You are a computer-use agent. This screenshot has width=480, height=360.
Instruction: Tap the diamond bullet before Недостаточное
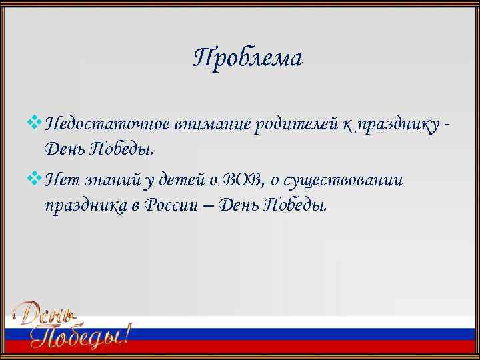tap(35, 122)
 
